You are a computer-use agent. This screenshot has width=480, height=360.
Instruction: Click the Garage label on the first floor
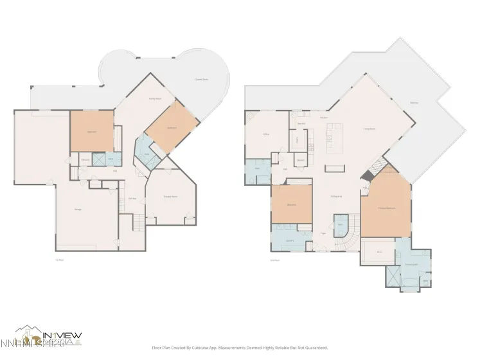tap(78, 210)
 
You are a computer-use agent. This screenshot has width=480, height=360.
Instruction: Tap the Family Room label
tap(155, 98)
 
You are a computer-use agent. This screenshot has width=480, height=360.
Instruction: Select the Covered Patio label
tap(201, 80)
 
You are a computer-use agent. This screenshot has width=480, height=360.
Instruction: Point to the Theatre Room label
tap(170, 196)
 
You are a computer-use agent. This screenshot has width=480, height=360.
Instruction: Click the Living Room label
tap(369, 129)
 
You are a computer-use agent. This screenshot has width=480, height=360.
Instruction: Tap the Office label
tap(265, 134)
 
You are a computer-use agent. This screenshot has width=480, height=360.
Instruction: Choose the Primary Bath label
tap(411, 264)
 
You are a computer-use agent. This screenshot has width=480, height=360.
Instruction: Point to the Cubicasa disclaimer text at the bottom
tap(240, 347)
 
